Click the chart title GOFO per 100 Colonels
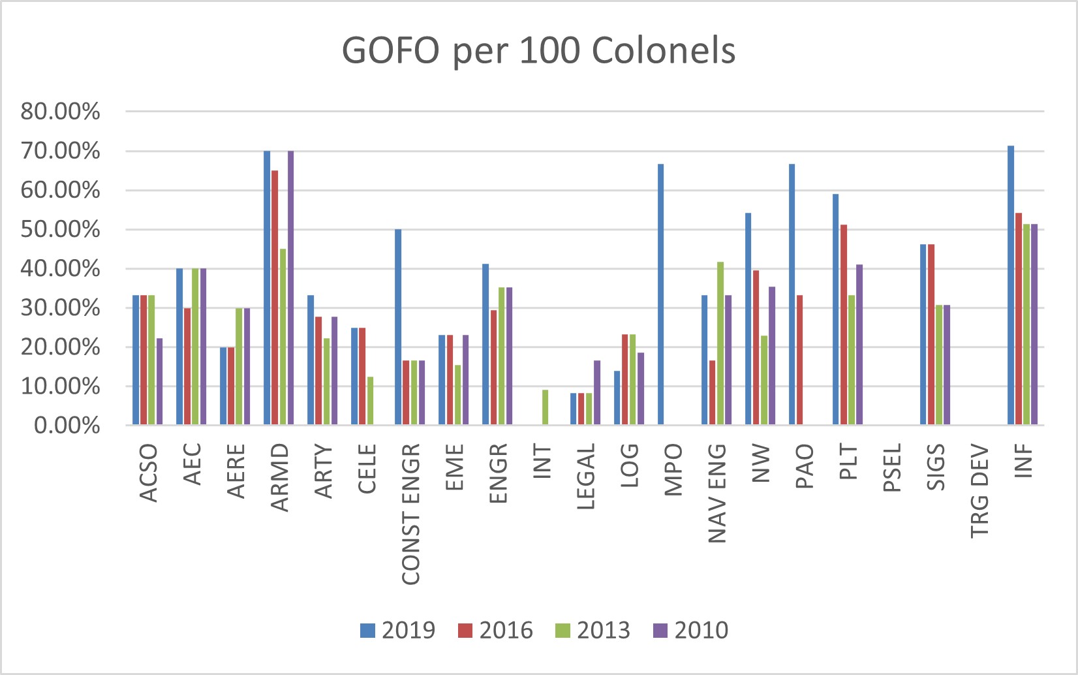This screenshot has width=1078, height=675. (x=538, y=50)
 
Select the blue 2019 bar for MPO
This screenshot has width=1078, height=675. (x=661, y=294)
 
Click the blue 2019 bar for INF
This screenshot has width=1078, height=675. (x=1011, y=285)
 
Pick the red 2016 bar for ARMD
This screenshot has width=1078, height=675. (x=275, y=298)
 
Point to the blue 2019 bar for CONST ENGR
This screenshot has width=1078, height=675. (x=398, y=327)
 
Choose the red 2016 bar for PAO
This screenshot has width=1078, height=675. (x=799, y=360)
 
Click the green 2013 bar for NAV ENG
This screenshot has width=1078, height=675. (x=720, y=343)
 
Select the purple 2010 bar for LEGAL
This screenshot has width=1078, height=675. (x=597, y=392)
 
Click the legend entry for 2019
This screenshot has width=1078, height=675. (x=397, y=631)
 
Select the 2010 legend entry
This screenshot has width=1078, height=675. (x=690, y=631)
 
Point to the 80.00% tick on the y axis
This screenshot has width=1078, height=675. (x=60, y=112)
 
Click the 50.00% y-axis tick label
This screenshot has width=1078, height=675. (x=60, y=230)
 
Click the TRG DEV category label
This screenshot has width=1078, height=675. (x=979, y=492)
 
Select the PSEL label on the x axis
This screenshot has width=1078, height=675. (x=892, y=467)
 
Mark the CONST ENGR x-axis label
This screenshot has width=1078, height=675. (x=410, y=514)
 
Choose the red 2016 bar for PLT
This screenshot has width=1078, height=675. (x=844, y=324)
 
